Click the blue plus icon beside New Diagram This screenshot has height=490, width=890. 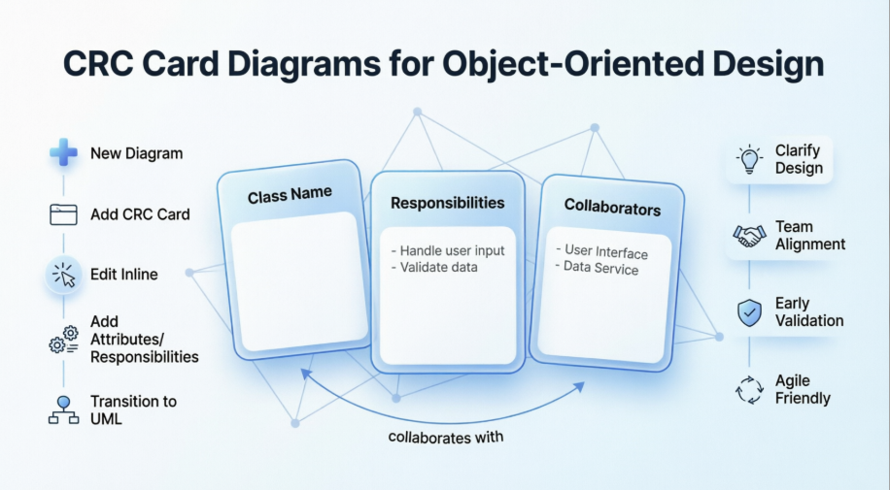point(63,152)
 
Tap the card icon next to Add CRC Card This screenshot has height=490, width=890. point(63,213)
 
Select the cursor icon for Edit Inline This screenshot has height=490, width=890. point(64,275)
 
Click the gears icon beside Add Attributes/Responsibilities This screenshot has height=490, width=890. point(63,340)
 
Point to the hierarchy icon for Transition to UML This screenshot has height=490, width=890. point(63,409)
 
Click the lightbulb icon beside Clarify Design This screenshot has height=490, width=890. point(748,159)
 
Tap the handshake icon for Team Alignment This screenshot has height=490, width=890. point(748,236)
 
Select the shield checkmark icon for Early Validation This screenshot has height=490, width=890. point(748,312)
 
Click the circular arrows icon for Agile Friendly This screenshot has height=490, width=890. point(748,389)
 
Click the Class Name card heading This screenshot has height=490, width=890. point(289,195)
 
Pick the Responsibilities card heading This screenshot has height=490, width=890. point(447,203)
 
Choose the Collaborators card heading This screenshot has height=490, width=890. point(612,208)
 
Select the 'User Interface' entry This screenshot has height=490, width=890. point(606,252)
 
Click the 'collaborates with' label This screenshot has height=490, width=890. point(446,437)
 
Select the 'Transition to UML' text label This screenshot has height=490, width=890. point(133,409)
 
